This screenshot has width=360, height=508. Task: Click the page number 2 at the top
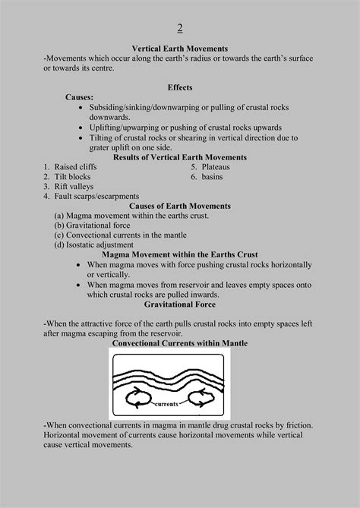pyautogui.click(x=180, y=29)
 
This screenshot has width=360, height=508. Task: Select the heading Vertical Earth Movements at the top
pyautogui.click(x=180, y=49)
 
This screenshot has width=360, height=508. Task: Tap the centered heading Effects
pyautogui.click(x=180, y=87)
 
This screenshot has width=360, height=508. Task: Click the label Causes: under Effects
pyautogui.click(x=80, y=98)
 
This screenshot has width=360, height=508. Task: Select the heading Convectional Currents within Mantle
pyautogui.click(x=180, y=343)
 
